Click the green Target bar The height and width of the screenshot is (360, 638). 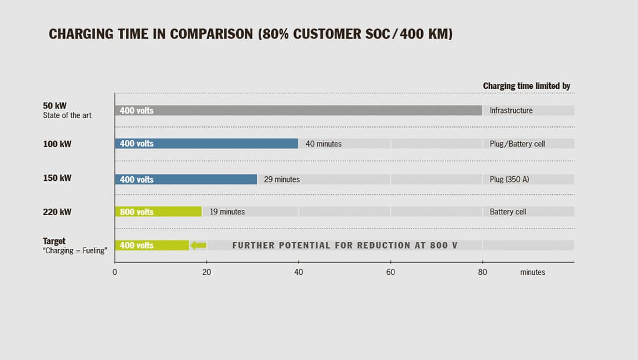162,245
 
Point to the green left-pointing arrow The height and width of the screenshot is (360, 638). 198,245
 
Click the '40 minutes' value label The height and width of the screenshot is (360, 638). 324,144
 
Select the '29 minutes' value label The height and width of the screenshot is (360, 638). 282,180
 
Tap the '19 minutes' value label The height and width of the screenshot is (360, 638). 227,212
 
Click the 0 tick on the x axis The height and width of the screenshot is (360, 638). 115,272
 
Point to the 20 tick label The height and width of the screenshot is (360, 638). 206,272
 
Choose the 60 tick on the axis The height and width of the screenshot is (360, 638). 390,272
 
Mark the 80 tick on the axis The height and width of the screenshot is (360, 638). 483,272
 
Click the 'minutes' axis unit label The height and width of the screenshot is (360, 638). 532,272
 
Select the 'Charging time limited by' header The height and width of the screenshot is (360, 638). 527,86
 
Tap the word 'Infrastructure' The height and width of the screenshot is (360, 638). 511,110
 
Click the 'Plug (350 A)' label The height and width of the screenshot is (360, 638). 509,180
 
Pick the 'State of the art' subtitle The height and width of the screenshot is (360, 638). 67,115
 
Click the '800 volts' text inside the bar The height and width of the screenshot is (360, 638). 136,212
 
